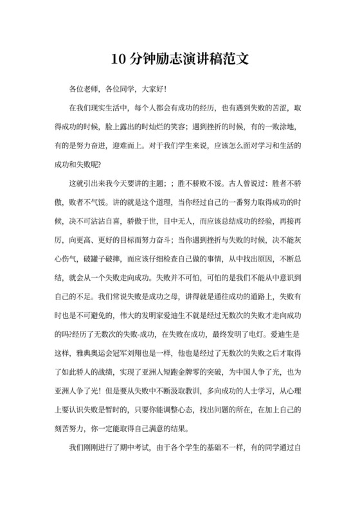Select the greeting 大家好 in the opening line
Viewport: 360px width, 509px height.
tap(152, 87)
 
